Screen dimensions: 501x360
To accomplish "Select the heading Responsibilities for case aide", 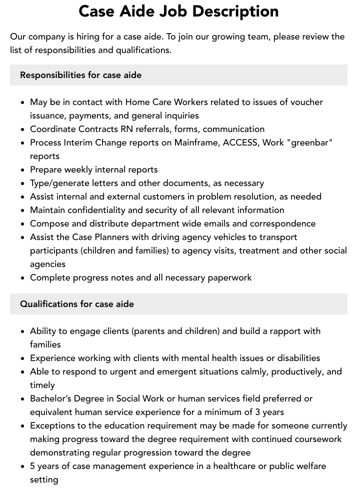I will click(80, 75).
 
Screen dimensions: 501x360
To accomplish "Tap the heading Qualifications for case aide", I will click(77, 304).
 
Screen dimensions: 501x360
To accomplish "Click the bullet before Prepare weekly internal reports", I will click(23, 170).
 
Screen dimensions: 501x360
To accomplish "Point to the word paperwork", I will click(228, 277).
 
